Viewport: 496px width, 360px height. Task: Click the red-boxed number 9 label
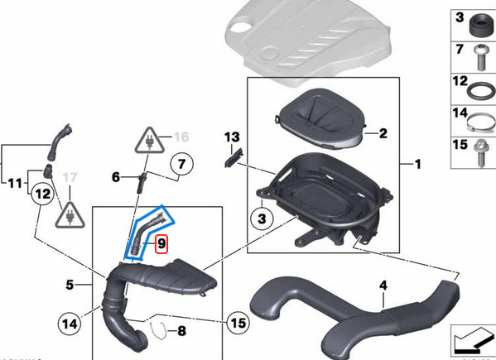161,244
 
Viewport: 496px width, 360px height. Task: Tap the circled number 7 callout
181,164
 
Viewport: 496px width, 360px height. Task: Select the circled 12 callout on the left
42,194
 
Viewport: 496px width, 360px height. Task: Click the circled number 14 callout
70,324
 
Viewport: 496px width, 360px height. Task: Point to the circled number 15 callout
238,323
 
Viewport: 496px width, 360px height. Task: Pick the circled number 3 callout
262,218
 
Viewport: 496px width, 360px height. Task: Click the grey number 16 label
181,137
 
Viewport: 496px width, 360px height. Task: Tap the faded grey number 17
70,177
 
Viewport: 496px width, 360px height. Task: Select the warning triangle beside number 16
150,142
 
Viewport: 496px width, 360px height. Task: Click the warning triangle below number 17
70,216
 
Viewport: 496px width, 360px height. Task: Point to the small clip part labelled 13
234,158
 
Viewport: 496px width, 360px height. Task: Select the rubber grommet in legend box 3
480,26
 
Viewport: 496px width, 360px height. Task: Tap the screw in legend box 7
481,58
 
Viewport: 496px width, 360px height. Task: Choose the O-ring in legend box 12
481,92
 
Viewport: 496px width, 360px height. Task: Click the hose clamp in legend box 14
480,123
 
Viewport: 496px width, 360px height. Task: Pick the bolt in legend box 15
480,153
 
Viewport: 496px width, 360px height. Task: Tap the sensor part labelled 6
141,183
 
